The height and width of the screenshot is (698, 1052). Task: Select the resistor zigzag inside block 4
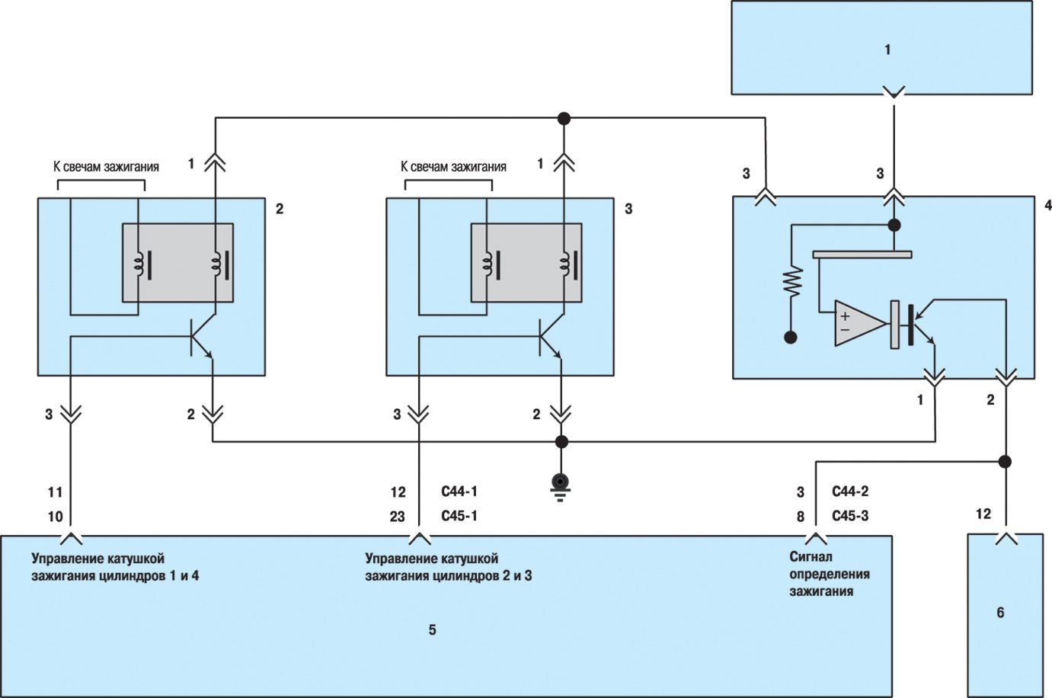coord(792,281)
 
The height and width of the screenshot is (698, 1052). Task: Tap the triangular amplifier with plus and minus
coord(860,323)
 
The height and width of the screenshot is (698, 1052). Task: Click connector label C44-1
coord(459,491)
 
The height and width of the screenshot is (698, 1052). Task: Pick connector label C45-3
coord(850,516)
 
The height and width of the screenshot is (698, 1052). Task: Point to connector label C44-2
coord(850,491)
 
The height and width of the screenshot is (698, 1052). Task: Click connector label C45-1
coord(459,516)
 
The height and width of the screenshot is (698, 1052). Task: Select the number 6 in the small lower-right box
coord(1000,613)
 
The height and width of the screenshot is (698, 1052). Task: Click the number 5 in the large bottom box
coord(432,630)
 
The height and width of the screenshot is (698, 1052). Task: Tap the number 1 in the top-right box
coord(887,50)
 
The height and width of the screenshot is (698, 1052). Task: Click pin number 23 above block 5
coord(398,517)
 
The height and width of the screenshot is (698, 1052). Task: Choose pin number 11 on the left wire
coord(55,492)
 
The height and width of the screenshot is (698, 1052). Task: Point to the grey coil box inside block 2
coord(177,263)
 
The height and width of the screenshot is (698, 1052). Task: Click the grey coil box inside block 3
coord(526,263)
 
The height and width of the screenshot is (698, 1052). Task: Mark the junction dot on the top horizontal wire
coord(564,118)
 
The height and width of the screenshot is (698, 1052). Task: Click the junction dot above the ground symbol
coord(561,441)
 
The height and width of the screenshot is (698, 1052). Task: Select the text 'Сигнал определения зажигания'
coord(830,574)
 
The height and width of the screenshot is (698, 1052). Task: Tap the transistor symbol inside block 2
coord(202,337)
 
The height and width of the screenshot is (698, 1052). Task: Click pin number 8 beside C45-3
coord(801,517)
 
